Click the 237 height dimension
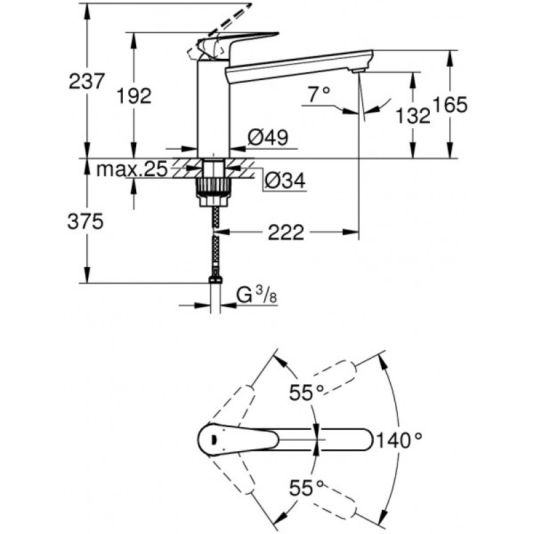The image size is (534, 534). (86, 81)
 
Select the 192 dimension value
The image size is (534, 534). (134, 95)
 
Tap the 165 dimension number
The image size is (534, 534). (450, 105)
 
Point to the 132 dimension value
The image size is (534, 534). (413, 115)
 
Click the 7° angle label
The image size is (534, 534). (319, 94)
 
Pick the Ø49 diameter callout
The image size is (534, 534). (268, 137)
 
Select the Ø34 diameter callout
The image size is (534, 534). (285, 180)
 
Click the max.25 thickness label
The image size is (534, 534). (131, 169)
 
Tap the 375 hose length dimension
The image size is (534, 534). (85, 222)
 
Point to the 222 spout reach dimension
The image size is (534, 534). (286, 232)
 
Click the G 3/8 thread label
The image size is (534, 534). (257, 295)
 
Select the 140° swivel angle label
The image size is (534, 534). (398, 440)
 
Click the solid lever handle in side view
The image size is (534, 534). (238, 43)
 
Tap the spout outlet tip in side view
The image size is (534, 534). (358, 70)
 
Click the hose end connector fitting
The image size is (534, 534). (215, 280)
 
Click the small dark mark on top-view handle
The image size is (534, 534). (213, 439)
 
